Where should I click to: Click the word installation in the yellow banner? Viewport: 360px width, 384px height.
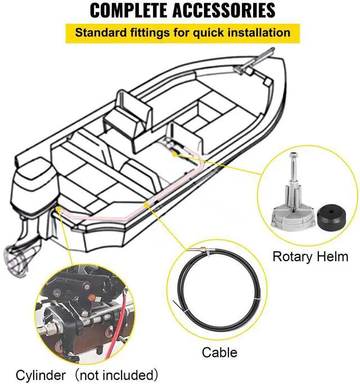[x=255, y=32]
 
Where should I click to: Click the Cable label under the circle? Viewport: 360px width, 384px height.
[x=219, y=354]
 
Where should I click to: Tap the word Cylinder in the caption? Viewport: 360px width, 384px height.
[x=37, y=374]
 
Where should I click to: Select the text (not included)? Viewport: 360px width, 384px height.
[x=116, y=374]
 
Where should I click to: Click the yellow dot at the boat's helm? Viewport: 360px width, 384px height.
[x=175, y=152]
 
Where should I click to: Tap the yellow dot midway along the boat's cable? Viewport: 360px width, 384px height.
[x=147, y=206]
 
